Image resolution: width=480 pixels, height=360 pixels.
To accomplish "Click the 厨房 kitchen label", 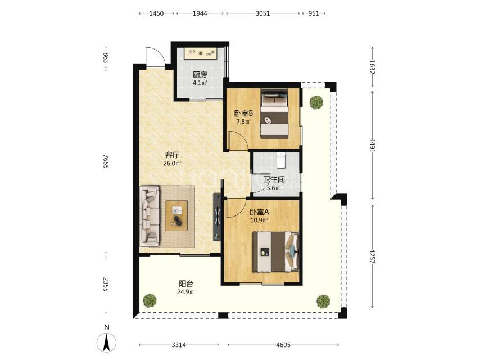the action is coord(200,74).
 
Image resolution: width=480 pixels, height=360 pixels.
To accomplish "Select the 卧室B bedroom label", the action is coord(244,114).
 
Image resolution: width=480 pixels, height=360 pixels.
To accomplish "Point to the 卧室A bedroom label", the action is coord(259,212).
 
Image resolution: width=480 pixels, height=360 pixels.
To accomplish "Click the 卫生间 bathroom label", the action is coord(274,179).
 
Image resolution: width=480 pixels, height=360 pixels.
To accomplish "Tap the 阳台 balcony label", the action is coord(186,283).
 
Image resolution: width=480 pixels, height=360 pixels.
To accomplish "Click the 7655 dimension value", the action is coord(106,161).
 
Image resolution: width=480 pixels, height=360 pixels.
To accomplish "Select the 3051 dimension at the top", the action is coord(262,13).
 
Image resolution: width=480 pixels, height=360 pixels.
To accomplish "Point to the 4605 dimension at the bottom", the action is coord(283,345).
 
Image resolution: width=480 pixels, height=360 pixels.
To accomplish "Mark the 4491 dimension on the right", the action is coord(372,145).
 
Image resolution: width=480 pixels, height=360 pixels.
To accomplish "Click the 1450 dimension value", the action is coord(156,13).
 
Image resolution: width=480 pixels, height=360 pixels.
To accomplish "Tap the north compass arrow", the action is coord(107,342).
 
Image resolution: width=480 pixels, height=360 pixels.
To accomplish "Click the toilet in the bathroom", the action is coord(281,160).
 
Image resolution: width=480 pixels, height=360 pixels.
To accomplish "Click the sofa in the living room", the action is coord(150,216).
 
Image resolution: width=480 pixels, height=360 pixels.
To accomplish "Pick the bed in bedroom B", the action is coord(274,114).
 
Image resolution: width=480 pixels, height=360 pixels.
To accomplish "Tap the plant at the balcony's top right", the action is coord(316,102).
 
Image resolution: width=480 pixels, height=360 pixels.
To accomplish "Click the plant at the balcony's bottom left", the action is coord(150,300).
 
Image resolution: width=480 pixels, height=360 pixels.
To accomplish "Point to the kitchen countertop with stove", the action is coord(200,54).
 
